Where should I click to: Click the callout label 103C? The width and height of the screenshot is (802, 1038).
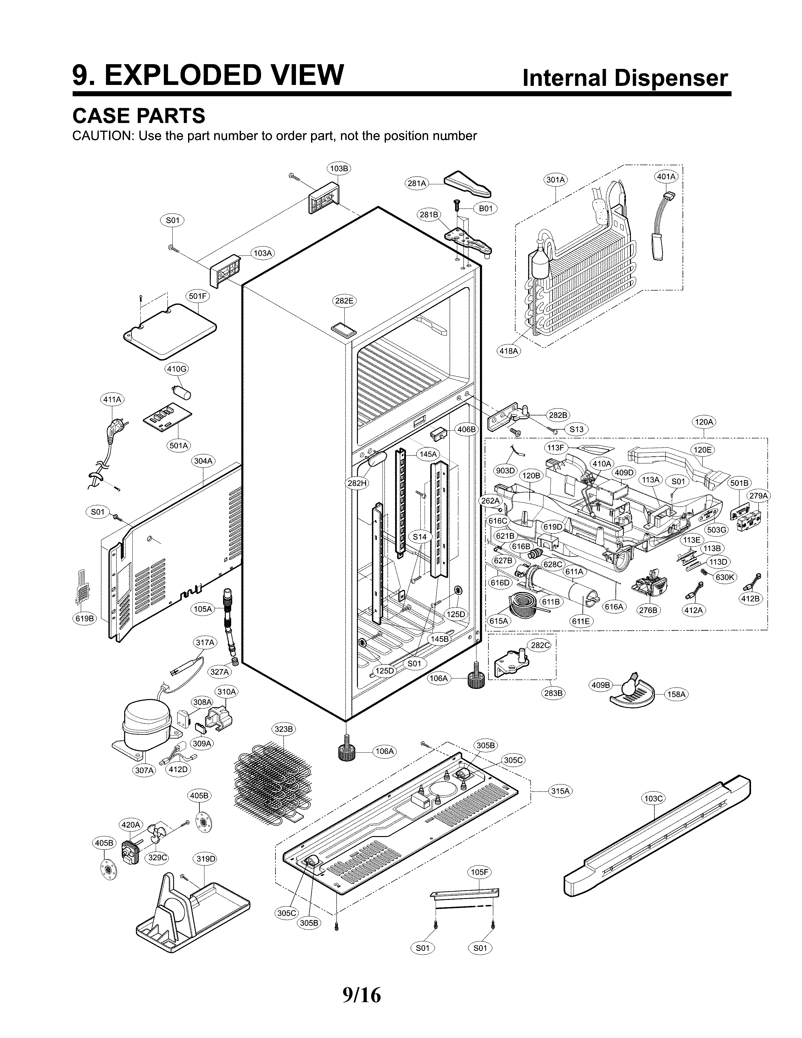pos(653,799)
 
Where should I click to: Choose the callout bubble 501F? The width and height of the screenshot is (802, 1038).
pos(198,296)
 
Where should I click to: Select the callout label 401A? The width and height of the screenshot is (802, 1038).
pos(666,176)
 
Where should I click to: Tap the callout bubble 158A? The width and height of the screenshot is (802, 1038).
pos(676,695)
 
